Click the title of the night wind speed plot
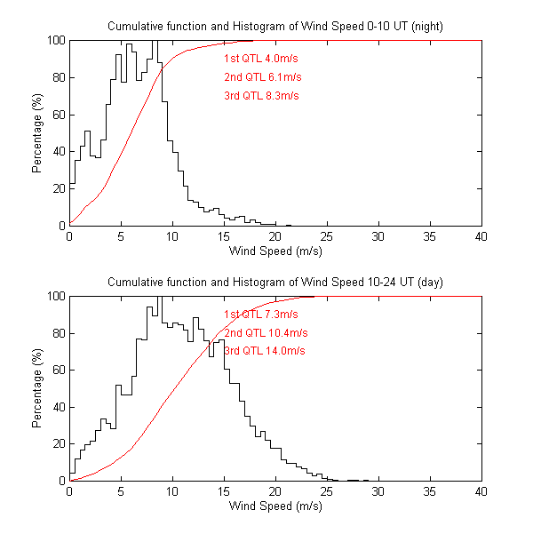tap(275, 27)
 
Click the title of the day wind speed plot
tap(275, 282)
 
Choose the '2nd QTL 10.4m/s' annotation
tap(266, 332)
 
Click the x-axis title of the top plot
tap(275, 251)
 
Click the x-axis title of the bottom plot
tap(275, 506)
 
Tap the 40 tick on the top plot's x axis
tap(481, 237)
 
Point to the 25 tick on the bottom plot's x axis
tap(327, 492)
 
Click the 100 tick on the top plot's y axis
tap(55, 40)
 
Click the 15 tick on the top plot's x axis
tap(224, 237)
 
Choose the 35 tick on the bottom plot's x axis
tap(430, 492)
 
